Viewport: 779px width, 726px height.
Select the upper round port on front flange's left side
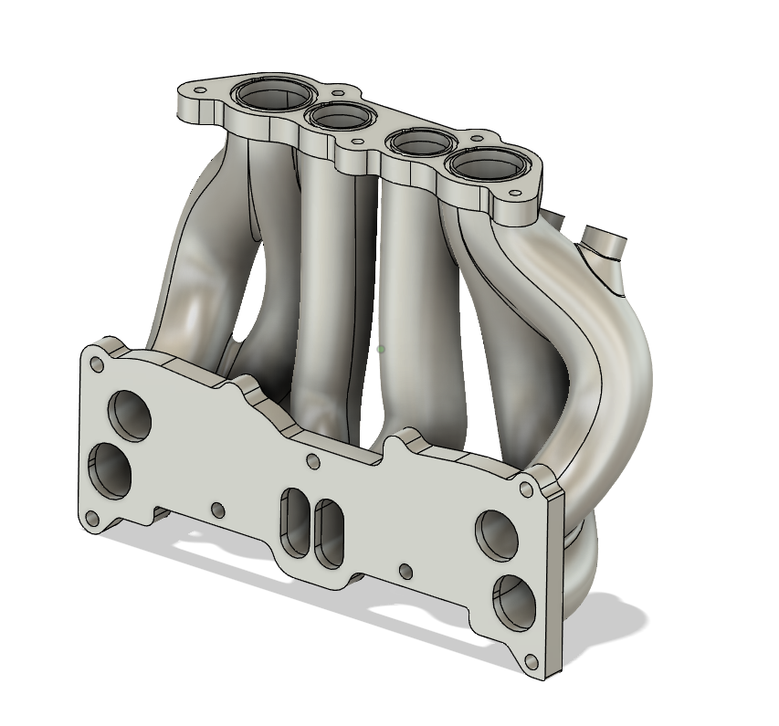(131, 412)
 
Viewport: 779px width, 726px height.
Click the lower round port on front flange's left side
(110, 471)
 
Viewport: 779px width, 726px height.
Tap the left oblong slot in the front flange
(295, 521)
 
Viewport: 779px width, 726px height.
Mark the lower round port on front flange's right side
(512, 599)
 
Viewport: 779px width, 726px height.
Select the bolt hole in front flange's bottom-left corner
(92, 520)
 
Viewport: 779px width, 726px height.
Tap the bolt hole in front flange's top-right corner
(526, 490)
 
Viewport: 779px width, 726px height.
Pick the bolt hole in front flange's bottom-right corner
(528, 659)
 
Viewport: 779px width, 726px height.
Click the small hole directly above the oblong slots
(312, 461)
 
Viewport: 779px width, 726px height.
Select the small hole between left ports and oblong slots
(216, 509)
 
